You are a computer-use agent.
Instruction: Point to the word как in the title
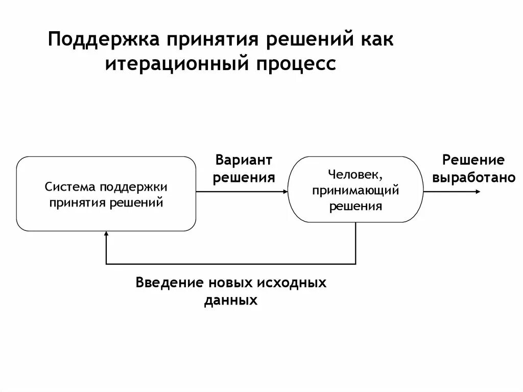(376, 40)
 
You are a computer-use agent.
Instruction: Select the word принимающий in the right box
(355, 191)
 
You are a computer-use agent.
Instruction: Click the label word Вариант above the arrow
(244, 160)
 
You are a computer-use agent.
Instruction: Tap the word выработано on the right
(474, 177)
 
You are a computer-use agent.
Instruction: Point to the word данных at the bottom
(231, 300)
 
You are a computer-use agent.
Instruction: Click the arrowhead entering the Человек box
(285, 192)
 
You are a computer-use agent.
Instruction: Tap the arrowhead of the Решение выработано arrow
(478, 192)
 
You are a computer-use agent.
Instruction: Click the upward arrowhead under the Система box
(106, 234)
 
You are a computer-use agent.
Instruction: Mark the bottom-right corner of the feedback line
(355, 264)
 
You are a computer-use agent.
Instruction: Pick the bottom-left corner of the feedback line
(106, 264)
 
